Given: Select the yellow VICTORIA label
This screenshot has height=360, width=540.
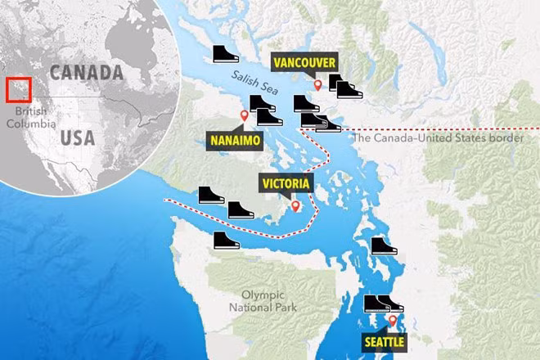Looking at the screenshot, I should [x=286, y=183].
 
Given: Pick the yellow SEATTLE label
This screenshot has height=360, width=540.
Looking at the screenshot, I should [x=383, y=341].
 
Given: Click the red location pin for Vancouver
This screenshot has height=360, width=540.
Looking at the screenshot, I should [x=317, y=83].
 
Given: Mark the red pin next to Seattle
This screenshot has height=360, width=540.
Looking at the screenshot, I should [x=393, y=321].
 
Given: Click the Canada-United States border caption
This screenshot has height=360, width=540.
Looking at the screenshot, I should [x=438, y=138].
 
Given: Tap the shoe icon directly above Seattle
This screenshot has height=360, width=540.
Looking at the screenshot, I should [x=378, y=304].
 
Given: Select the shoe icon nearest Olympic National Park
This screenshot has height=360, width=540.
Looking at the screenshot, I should [x=227, y=240].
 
